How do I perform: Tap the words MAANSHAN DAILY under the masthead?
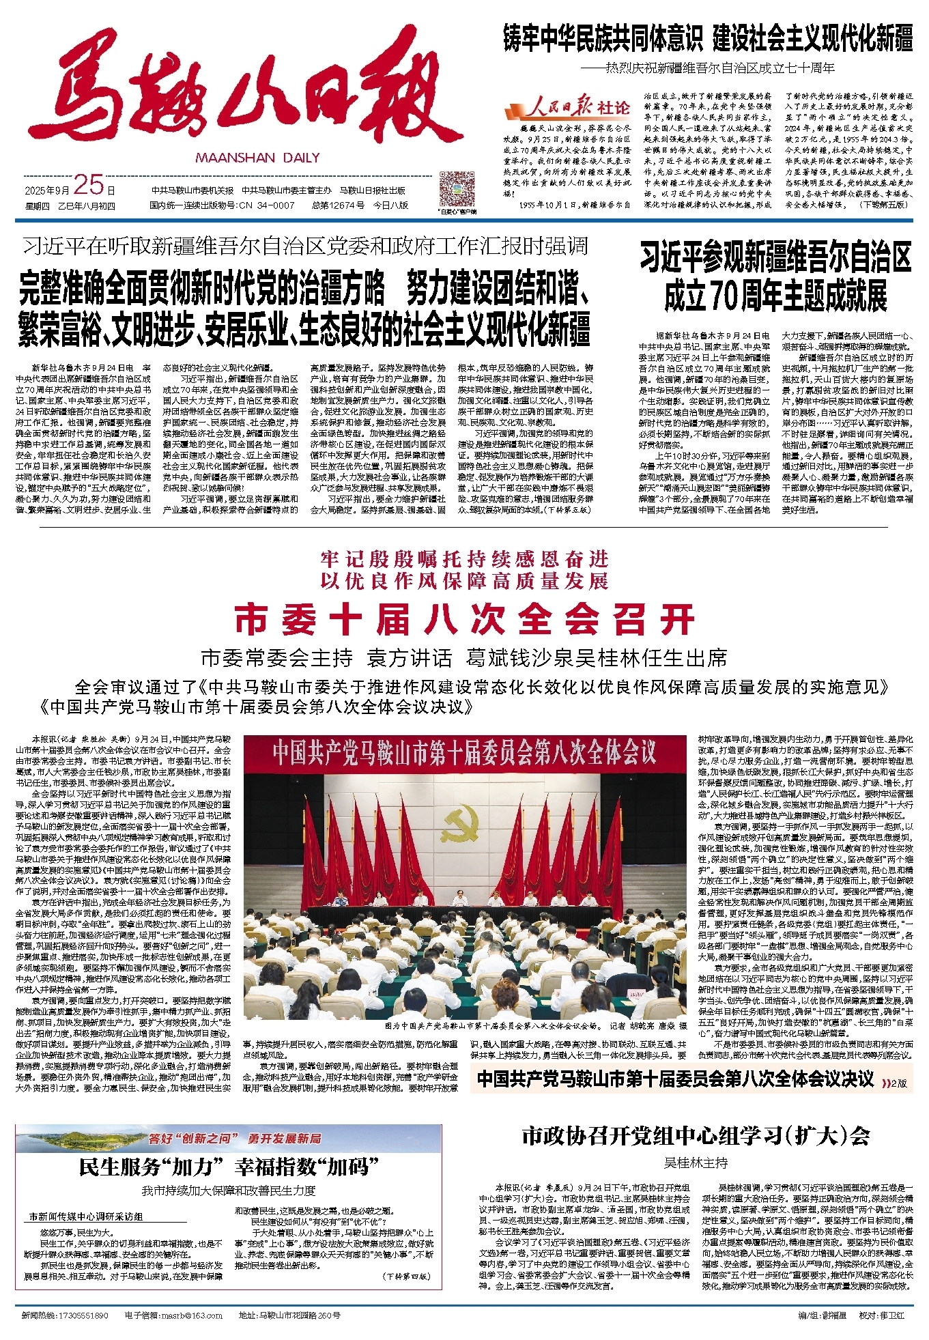pyautogui.click(x=257, y=158)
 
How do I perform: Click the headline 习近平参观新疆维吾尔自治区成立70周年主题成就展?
pyautogui.click(x=775, y=276)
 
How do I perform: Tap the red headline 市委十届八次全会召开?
pyautogui.click(x=464, y=620)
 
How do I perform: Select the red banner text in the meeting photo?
pyautogui.click(x=464, y=752)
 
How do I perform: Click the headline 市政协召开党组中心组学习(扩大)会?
pyautogui.click(x=696, y=1136)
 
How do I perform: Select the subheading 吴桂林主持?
pyautogui.click(x=696, y=1162)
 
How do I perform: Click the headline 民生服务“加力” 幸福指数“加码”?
pyautogui.click(x=229, y=1167)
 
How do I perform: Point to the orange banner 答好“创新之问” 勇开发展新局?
pyautogui.click(x=235, y=1138)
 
